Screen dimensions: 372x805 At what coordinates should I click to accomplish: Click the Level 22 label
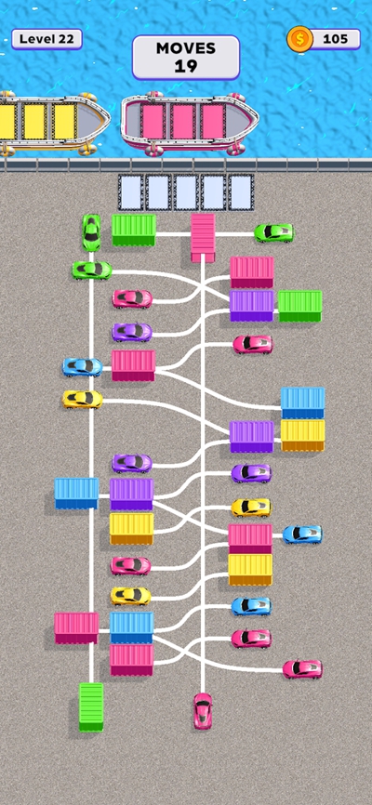tap(46, 39)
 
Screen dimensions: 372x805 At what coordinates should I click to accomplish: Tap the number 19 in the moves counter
tap(186, 66)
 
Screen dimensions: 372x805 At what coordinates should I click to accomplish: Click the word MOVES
tap(186, 48)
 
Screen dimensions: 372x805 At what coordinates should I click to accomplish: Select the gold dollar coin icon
tap(300, 39)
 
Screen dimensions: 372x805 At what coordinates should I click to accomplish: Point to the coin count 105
tap(336, 39)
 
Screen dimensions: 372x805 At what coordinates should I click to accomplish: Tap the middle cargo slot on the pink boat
tap(183, 122)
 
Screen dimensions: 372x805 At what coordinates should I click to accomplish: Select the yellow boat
tap(51, 122)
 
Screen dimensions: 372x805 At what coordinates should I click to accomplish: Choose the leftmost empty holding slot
tap(130, 192)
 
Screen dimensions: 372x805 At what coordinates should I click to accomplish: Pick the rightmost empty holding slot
tap(241, 192)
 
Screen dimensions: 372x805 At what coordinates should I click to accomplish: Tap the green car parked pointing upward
tap(91, 232)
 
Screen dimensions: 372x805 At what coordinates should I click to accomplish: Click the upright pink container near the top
tap(203, 238)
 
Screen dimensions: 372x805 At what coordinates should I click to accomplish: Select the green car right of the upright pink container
tap(273, 232)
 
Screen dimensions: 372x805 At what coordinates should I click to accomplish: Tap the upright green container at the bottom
tap(91, 706)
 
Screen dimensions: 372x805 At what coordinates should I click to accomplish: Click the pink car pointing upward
tap(203, 711)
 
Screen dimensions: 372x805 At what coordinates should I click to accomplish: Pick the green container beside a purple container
tap(300, 306)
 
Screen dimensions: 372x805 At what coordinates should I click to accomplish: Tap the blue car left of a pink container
tap(82, 366)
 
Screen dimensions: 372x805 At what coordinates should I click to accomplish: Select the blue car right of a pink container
tap(302, 534)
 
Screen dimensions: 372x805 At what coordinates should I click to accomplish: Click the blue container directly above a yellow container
tap(302, 402)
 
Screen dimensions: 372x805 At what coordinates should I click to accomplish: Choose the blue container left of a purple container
tap(76, 494)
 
